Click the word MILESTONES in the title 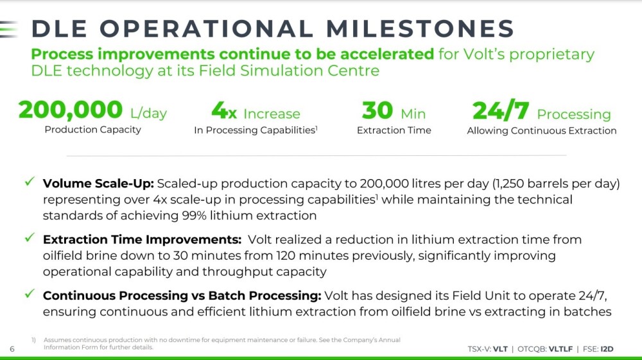point(420,29)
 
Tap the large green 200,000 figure point(71,110)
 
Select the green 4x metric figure point(224,110)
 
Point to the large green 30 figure point(377,110)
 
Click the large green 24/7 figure point(500,110)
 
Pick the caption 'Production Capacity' point(93,130)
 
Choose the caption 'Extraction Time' point(394,130)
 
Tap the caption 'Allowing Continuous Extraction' point(542,131)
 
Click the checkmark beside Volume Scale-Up point(30,181)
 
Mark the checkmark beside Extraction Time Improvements point(30,237)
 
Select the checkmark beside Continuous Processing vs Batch point(30,293)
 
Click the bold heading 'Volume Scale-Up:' point(98,184)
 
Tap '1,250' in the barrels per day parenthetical point(508,184)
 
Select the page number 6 point(12,349)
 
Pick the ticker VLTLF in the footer point(560,349)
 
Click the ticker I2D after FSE point(607,349)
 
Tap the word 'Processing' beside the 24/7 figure point(573,114)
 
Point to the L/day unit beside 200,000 point(149,113)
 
